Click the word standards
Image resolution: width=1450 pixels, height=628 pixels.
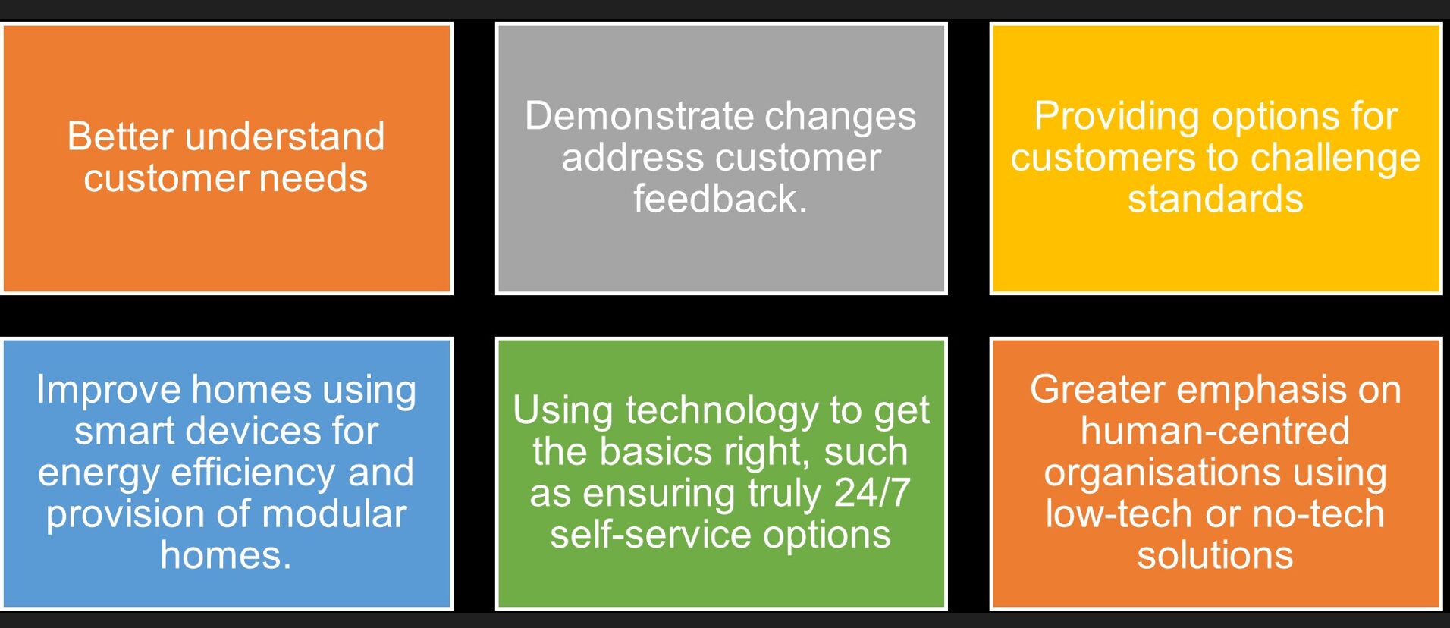(1215, 199)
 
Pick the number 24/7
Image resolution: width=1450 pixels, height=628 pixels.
(872, 493)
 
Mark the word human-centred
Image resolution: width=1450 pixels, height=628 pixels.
(1215, 432)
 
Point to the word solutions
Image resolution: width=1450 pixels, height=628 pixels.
(1215, 556)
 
